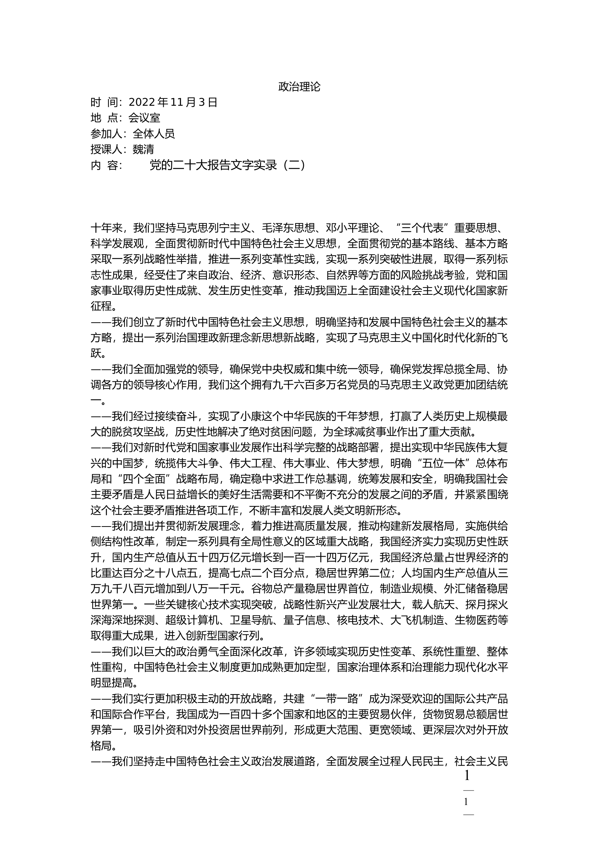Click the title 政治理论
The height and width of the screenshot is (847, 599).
tap(299, 87)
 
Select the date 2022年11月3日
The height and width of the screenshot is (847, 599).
tap(173, 102)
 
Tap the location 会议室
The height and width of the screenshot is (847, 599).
tap(144, 118)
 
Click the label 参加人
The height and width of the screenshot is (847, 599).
tap(106, 134)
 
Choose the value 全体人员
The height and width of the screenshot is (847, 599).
tap(154, 134)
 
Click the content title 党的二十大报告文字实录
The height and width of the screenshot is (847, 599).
tap(213, 165)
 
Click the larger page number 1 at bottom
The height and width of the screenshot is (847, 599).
tap(467, 776)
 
